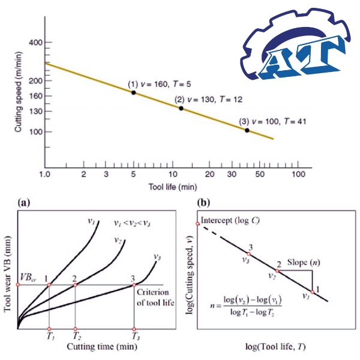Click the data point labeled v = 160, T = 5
(133, 92)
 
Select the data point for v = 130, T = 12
(181, 108)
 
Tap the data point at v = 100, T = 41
(247, 130)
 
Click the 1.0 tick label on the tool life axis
(44, 174)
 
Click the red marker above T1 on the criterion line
(49, 284)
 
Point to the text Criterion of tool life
(155, 297)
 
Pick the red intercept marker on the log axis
(197, 224)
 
